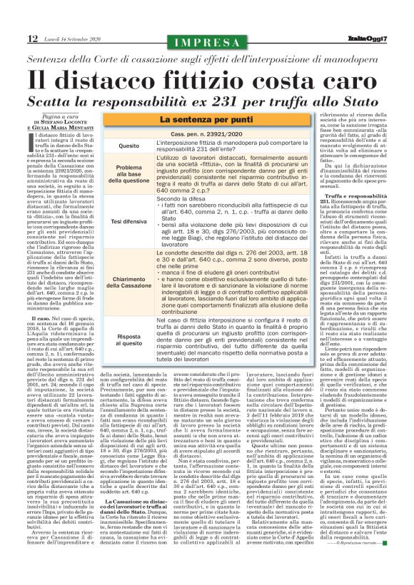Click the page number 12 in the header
tap(14, 37)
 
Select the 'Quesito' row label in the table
tap(129, 146)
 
